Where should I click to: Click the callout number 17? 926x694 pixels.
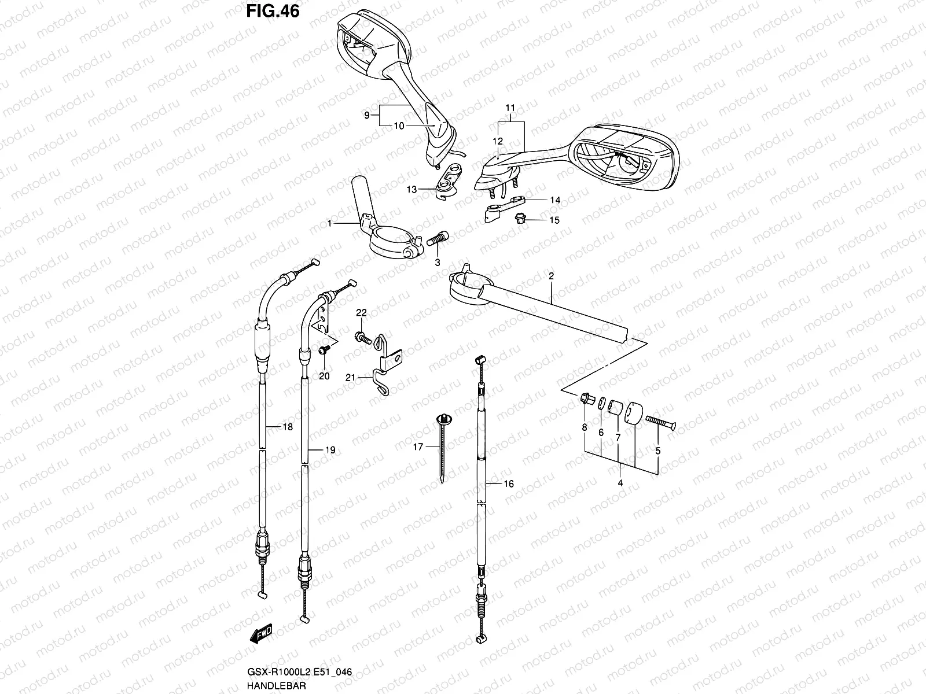(418, 446)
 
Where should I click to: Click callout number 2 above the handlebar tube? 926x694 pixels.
(551, 276)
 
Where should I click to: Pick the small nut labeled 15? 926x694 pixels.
(520, 219)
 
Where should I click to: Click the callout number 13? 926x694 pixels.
(411, 189)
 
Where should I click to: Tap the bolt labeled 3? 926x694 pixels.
(438, 239)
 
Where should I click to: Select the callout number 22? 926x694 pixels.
(361, 313)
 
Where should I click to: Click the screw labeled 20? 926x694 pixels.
(325, 349)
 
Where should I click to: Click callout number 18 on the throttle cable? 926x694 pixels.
(288, 427)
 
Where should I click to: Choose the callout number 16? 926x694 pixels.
(509, 484)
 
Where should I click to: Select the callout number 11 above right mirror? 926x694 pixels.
(510, 108)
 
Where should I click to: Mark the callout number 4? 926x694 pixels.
(620, 482)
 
